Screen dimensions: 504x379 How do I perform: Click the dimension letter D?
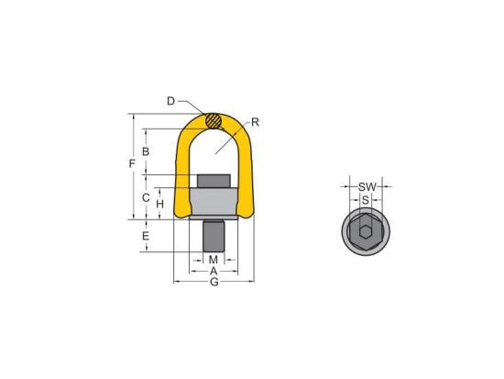[170, 101]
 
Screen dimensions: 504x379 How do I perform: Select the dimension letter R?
[256, 122]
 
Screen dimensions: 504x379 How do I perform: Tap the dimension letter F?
[132, 164]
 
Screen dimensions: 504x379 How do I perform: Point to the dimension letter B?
[146, 151]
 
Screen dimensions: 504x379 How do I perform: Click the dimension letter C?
[146, 197]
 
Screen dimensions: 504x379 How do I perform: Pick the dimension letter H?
[159, 204]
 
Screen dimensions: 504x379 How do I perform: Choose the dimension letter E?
[146, 236]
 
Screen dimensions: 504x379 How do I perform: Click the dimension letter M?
[214, 260]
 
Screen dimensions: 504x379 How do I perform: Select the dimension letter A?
[214, 272]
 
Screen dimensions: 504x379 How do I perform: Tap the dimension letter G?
[214, 282]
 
